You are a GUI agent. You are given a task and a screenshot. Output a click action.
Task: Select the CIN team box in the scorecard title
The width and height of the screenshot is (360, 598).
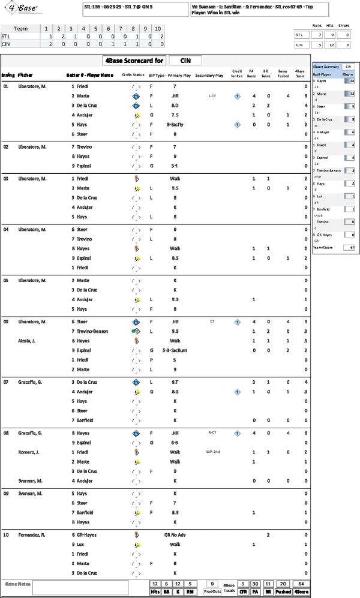185,60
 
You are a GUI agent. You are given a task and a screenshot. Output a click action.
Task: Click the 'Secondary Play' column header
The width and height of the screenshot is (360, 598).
209,75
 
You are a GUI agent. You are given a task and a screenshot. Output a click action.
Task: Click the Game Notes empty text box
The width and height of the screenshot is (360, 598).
90,587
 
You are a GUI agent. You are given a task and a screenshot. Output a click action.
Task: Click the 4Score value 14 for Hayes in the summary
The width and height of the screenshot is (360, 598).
352,80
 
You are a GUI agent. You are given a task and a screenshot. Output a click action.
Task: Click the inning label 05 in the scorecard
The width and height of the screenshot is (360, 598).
6,280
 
